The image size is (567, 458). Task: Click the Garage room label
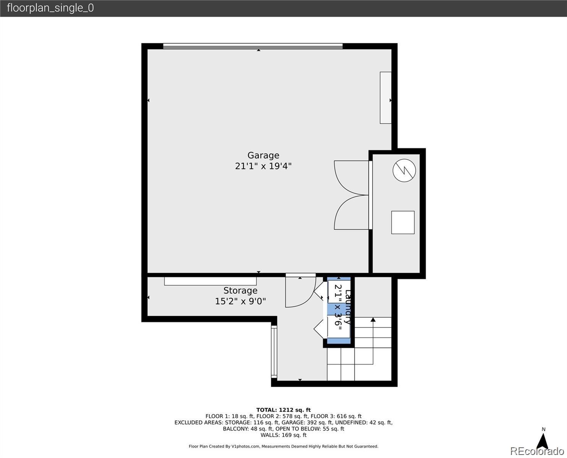click(x=263, y=155)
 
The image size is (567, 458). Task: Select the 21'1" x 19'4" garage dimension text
click(x=263, y=166)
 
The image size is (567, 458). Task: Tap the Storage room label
click(x=240, y=290)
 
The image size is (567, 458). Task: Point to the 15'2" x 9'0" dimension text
click(x=240, y=301)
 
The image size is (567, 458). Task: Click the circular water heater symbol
click(x=404, y=170)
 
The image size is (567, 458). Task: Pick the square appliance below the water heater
click(x=403, y=223)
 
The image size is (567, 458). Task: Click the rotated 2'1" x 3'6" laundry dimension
click(x=338, y=307)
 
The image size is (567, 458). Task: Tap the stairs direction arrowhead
click(x=373, y=319)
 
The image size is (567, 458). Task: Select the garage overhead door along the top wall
click(x=253, y=46)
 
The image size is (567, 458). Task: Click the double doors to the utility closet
click(x=352, y=195)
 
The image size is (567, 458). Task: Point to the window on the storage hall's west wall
click(x=274, y=352)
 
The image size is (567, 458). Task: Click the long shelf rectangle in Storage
click(x=210, y=281)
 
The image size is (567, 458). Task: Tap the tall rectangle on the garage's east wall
click(x=386, y=98)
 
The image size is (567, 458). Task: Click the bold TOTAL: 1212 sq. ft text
click(x=283, y=410)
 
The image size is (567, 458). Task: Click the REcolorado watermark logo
click(x=537, y=451)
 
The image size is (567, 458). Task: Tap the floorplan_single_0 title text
click(x=50, y=8)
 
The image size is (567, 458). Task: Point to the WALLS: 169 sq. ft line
click(x=283, y=435)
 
